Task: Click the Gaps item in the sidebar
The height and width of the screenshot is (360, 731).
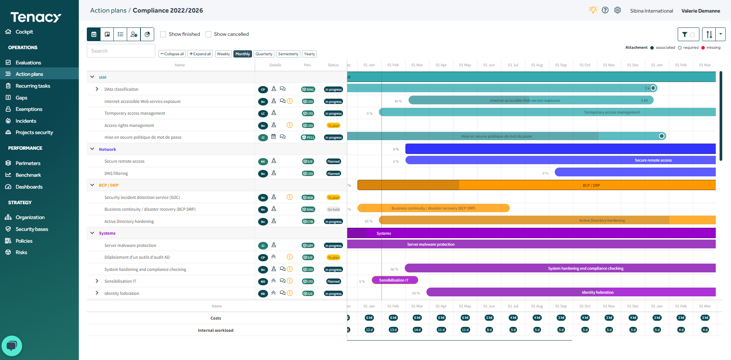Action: click(21, 98)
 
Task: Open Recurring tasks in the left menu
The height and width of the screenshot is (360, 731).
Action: click(33, 86)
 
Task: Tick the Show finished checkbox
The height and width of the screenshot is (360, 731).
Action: click(163, 34)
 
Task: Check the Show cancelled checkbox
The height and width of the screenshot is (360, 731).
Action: click(208, 34)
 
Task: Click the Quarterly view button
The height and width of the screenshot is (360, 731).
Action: click(264, 54)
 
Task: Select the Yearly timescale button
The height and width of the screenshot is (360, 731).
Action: click(309, 54)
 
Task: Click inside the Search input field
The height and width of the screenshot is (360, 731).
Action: click(121, 51)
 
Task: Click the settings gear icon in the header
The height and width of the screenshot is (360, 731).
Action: click(618, 10)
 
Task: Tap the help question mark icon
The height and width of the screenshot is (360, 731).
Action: click(605, 10)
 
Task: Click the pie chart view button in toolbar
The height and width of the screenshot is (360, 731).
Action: click(147, 34)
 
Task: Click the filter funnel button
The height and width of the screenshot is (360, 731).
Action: click(688, 34)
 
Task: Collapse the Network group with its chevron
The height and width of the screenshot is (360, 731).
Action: click(92, 149)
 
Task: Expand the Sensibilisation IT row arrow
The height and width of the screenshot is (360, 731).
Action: click(97, 281)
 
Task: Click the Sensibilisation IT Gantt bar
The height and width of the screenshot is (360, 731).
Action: click(395, 280)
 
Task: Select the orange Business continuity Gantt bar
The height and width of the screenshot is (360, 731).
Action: click(433, 208)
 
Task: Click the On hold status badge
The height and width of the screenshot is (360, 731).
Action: click(334, 210)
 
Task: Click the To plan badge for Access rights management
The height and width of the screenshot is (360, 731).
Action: click(334, 126)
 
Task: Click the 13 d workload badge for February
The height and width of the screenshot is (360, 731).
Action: click(393, 330)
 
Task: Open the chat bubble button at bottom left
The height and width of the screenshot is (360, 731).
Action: click(12, 346)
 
